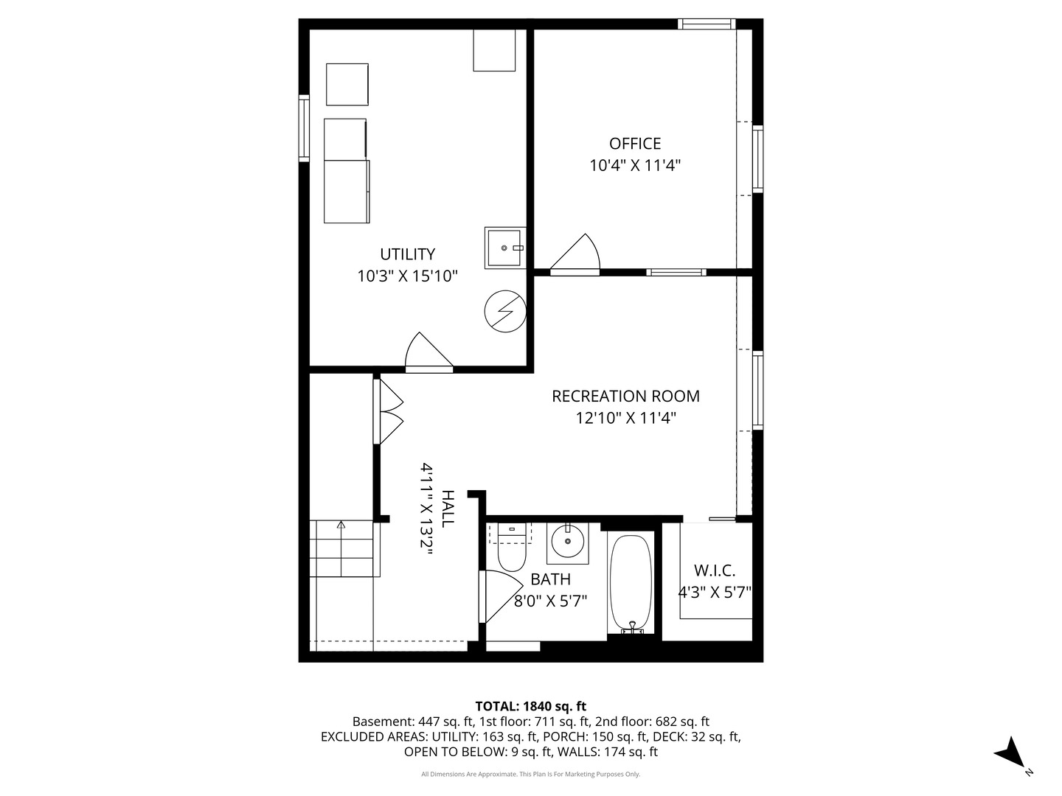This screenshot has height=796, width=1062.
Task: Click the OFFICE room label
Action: [635, 144]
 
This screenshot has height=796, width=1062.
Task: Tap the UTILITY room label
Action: [407, 254]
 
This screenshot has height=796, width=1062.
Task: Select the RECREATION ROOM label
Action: [625, 397]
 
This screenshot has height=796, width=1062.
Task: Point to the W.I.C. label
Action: [715, 570]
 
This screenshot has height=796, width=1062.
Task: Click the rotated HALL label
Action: [448, 509]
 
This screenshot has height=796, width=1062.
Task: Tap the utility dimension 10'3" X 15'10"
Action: [407, 276]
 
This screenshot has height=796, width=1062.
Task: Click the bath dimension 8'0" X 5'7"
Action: [550, 601]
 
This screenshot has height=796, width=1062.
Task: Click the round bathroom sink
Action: [568, 541]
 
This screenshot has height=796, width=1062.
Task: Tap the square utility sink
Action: [505, 248]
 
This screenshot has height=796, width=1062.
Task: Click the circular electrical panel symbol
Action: [505, 311]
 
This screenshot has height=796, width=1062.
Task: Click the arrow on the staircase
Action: [341, 548]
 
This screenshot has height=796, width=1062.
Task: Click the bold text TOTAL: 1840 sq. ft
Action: [531, 707]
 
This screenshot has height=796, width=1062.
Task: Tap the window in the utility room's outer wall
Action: [304, 128]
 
